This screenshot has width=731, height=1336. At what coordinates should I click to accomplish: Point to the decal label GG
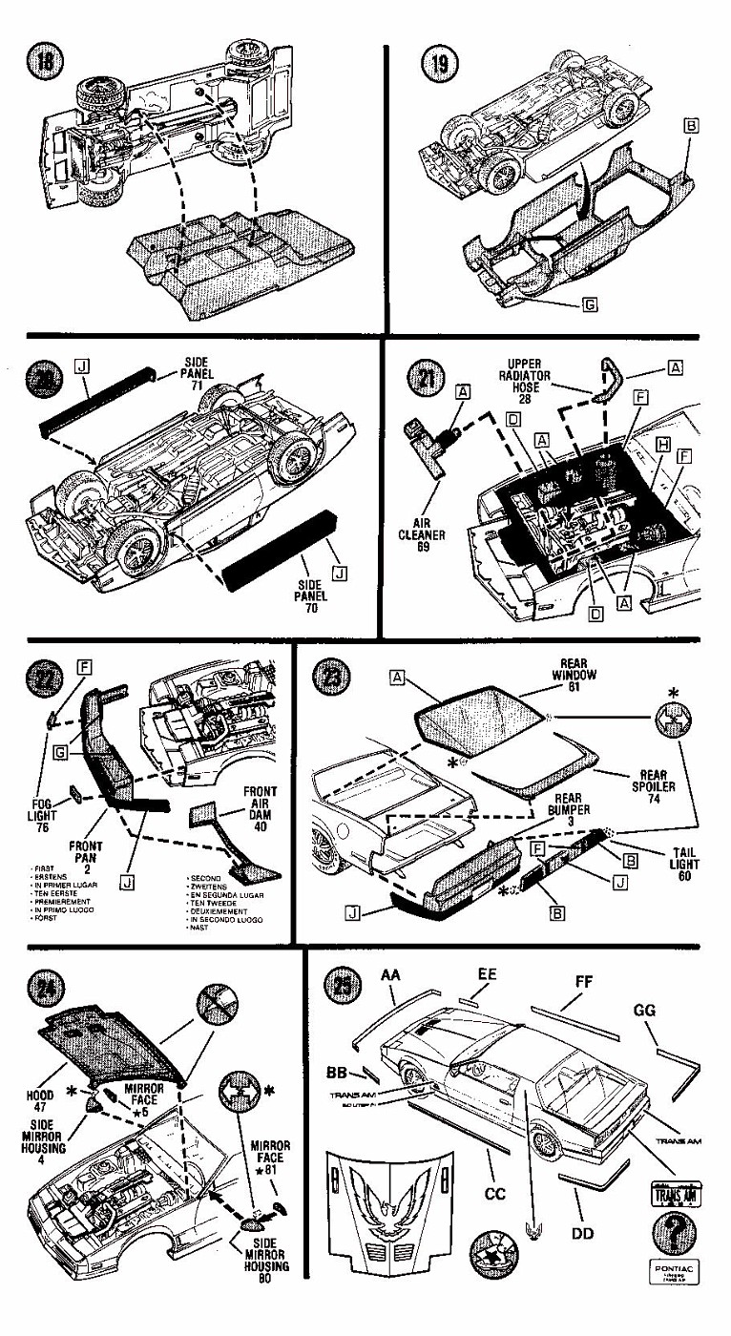[x=644, y=1011]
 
